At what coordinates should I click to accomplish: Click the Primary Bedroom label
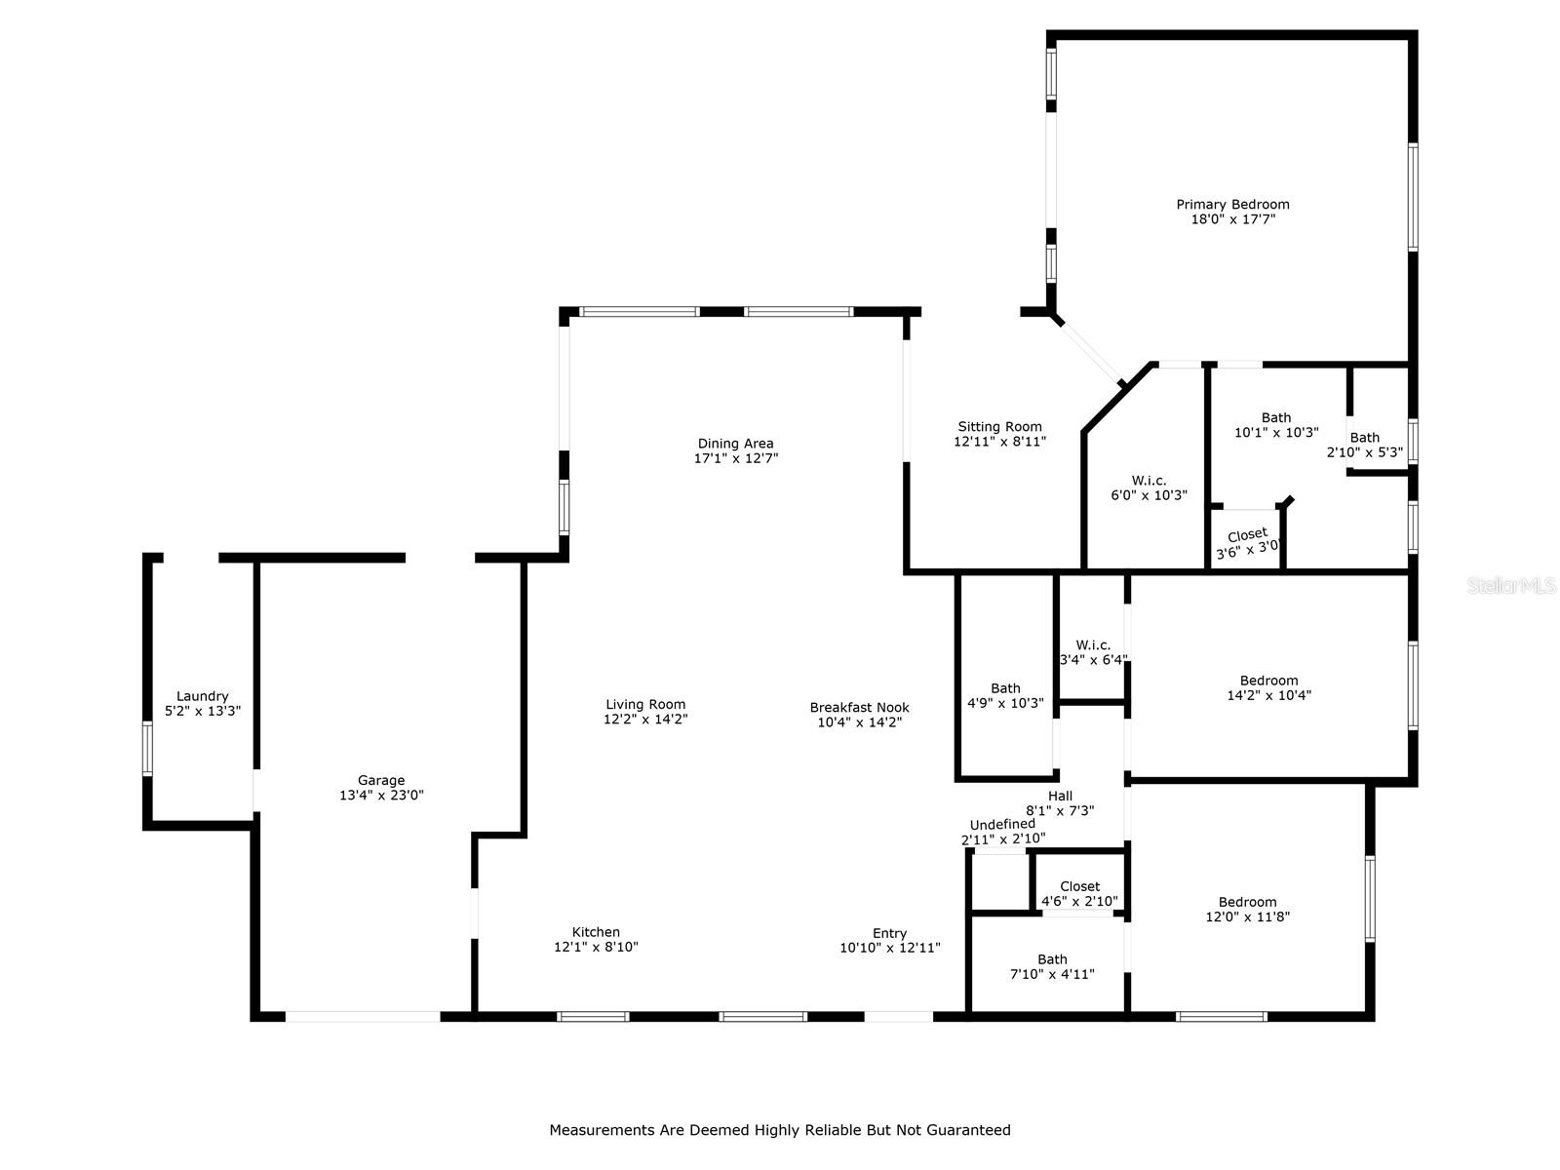[x=1232, y=205]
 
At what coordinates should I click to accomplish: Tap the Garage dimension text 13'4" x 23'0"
[x=381, y=795]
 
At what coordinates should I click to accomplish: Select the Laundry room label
[x=203, y=696]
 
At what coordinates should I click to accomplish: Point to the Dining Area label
[x=735, y=444]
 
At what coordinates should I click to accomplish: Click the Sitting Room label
[x=999, y=426]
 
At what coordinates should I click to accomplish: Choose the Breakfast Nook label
[x=859, y=708]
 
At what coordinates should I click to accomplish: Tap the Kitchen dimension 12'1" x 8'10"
[x=596, y=947]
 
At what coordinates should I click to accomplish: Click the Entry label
[x=890, y=933]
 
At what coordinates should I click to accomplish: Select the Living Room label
[x=645, y=704]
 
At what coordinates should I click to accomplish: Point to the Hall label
[x=1060, y=796]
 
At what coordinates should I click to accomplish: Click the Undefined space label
[x=1002, y=824]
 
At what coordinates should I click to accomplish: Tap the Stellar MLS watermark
[x=1511, y=585]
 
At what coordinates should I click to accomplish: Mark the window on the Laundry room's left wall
[x=148, y=748]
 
